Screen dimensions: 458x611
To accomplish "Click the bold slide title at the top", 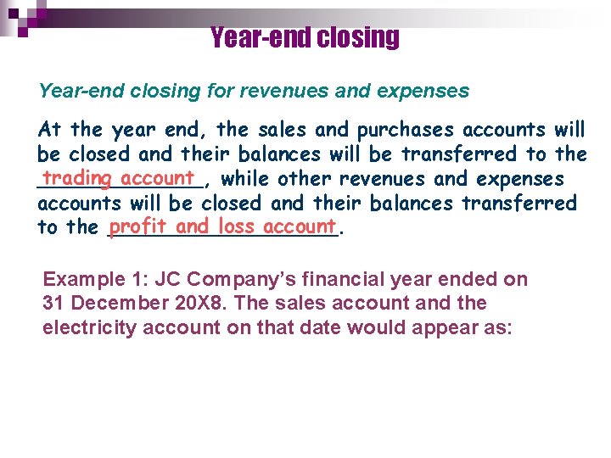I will [x=304, y=37].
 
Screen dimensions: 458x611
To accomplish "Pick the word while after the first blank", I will [x=246, y=179].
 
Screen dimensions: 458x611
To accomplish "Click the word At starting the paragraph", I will [x=50, y=130].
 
